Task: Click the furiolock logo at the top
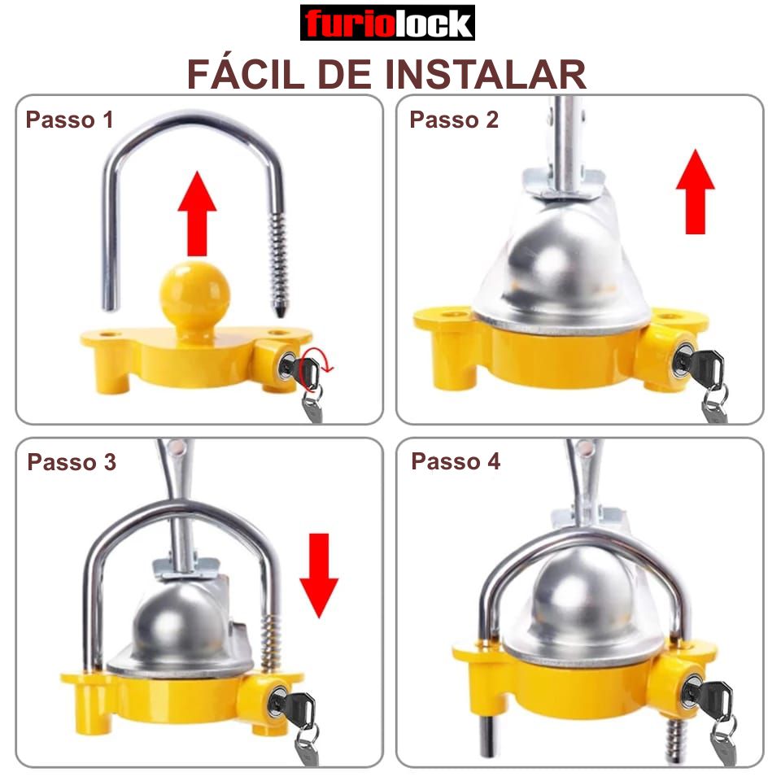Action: point(387,23)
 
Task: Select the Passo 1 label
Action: point(69,120)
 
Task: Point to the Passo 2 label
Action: point(454,120)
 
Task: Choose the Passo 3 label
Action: point(72,462)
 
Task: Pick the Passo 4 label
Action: point(456,461)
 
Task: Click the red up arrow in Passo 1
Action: point(197,213)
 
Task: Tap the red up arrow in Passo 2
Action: point(696,191)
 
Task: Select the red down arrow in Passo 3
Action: point(319,576)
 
